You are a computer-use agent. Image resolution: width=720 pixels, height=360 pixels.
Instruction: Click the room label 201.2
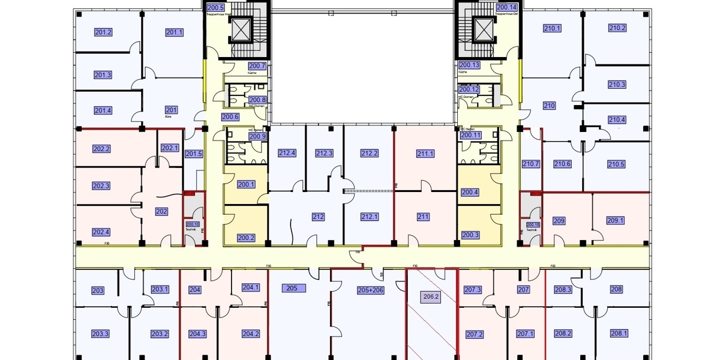click(x=104, y=32)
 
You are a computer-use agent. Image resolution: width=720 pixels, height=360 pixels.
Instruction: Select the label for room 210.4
click(x=617, y=120)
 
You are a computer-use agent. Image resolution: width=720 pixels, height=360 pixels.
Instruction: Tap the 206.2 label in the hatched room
click(x=431, y=296)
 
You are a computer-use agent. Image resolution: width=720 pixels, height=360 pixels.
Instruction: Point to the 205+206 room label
click(x=370, y=290)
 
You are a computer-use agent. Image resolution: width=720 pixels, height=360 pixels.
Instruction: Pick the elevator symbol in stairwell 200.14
click(x=483, y=28)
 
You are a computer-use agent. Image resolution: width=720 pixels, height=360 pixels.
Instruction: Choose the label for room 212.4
click(x=287, y=154)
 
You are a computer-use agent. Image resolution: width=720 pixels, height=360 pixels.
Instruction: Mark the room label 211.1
click(x=425, y=154)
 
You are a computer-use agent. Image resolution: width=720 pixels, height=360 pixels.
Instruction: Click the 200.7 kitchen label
click(x=257, y=66)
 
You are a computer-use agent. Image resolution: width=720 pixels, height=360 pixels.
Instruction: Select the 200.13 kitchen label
click(x=469, y=65)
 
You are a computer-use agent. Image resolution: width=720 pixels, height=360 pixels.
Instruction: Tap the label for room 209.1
click(x=616, y=221)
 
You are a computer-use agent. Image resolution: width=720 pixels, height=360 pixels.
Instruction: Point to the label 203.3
click(x=100, y=334)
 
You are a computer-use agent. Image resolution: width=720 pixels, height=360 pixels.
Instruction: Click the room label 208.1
click(x=619, y=334)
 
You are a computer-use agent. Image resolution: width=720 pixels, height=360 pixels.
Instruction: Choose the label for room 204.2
click(x=250, y=334)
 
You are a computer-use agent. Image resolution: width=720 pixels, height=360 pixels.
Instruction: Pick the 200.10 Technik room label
click(x=193, y=225)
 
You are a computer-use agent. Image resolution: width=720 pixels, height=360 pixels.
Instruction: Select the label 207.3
click(x=473, y=290)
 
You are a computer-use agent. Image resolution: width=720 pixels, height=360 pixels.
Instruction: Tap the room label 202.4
click(x=101, y=232)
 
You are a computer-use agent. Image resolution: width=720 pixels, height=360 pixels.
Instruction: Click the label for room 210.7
click(x=531, y=164)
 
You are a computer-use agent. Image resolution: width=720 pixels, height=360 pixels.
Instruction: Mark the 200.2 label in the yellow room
click(x=246, y=238)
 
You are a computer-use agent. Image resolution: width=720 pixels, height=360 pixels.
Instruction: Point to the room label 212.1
click(x=370, y=217)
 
